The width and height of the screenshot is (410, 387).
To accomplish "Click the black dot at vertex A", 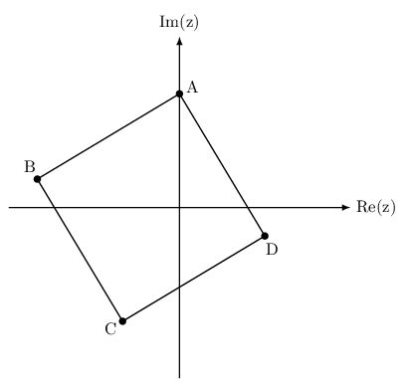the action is click(x=179, y=94).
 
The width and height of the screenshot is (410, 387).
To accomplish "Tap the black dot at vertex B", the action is click(x=37, y=179).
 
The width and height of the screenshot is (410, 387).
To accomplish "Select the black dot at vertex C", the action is click(x=122, y=321).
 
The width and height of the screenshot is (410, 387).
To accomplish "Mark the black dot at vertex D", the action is click(x=265, y=236).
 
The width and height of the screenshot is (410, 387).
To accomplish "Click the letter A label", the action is click(x=192, y=88).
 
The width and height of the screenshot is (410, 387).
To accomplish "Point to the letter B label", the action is click(x=30, y=165).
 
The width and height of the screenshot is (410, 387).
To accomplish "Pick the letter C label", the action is click(x=109, y=328).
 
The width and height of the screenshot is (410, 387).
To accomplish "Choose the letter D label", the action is click(x=271, y=250).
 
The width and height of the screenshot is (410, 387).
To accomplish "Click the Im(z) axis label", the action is click(x=179, y=21).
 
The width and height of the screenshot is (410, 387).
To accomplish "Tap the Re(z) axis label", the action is click(x=375, y=207).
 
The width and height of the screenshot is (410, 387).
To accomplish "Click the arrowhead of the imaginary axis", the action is click(x=179, y=42).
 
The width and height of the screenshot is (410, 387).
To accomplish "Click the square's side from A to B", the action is click(x=107, y=136).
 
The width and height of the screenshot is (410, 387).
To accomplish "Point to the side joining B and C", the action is click(x=80, y=250).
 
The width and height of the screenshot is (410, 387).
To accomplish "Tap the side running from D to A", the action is click(x=222, y=164).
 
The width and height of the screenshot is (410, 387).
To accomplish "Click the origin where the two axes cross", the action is click(x=179, y=207).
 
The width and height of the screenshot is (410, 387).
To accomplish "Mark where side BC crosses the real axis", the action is click(x=54, y=207).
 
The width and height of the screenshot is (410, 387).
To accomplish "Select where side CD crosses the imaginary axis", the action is click(x=179, y=288).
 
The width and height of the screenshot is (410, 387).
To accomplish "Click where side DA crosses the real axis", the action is click(x=248, y=207).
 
